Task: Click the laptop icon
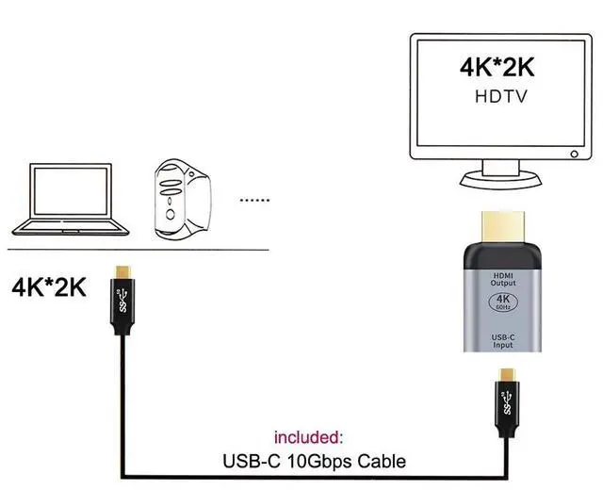[x=67, y=201]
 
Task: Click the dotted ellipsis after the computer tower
[x=253, y=200]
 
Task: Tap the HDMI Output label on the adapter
[x=503, y=280]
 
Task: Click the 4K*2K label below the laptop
[x=49, y=286]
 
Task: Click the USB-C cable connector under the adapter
[x=509, y=396]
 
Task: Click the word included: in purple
[x=309, y=438]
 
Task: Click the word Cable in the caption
[x=384, y=462]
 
